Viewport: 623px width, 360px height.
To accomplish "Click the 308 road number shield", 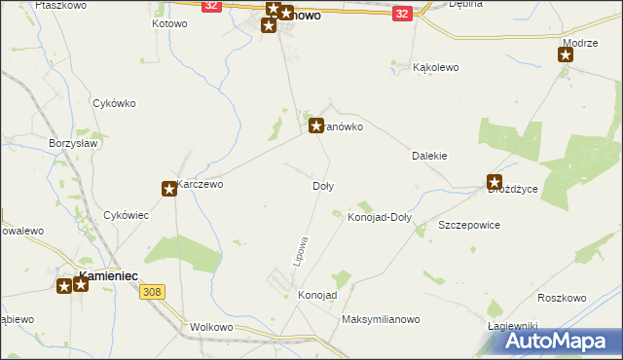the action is coord(151,291).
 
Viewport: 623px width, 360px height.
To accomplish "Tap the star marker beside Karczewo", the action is coord(169,189).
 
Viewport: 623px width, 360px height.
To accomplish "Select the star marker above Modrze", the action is coord(566,54).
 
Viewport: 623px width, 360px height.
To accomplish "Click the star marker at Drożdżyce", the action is coord(495,181).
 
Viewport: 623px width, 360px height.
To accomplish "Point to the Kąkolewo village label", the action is coord(435,68).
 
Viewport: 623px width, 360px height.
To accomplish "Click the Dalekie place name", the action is coord(429,155).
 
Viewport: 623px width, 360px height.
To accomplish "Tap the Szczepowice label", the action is coord(469,225).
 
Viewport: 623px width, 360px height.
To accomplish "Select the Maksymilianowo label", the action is coord(380,319).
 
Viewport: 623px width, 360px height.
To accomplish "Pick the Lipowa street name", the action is coord(302,250).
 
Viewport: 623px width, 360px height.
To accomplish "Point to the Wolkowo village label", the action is coord(214,328).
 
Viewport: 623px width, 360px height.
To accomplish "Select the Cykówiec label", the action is coord(126,215).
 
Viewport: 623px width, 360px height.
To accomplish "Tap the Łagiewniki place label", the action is coord(513,325).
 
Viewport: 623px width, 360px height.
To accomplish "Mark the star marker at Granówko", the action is coord(316,125).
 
